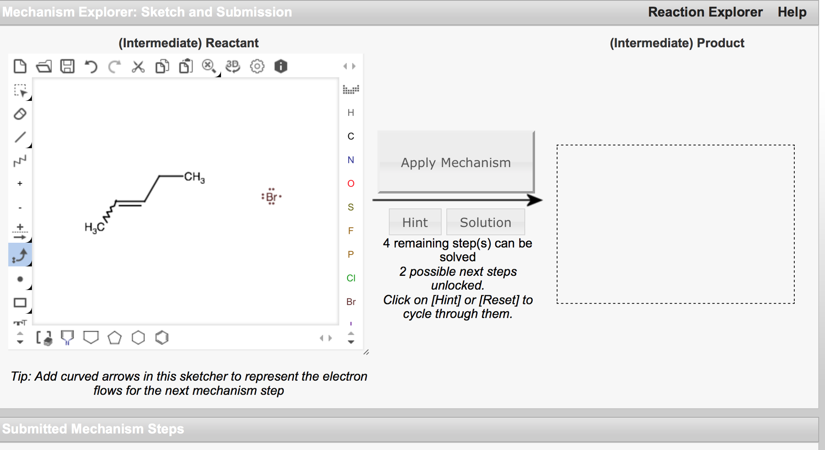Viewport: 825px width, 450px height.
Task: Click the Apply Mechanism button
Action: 456,162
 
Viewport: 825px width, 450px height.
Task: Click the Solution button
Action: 485,222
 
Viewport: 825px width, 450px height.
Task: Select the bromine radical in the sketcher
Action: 271,197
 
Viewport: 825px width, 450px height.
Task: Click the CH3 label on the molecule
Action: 194,177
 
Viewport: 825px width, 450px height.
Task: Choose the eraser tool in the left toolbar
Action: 20,114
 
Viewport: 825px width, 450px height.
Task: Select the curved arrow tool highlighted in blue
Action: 20,255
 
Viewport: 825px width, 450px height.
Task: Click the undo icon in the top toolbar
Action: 91,66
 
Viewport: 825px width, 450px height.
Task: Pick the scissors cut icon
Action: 138,66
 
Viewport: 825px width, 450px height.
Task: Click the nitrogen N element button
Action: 350,160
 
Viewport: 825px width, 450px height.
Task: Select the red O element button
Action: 350,184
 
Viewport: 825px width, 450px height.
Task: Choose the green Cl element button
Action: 350,278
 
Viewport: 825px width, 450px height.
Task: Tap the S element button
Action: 350,207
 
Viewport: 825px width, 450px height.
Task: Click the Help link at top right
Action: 792,12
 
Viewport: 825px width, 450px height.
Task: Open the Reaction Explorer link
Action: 705,12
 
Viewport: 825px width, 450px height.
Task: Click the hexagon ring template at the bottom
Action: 138,337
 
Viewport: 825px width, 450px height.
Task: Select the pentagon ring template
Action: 115,337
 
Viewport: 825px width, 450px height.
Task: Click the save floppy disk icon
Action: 67,66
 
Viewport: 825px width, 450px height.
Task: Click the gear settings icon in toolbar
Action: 257,66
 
